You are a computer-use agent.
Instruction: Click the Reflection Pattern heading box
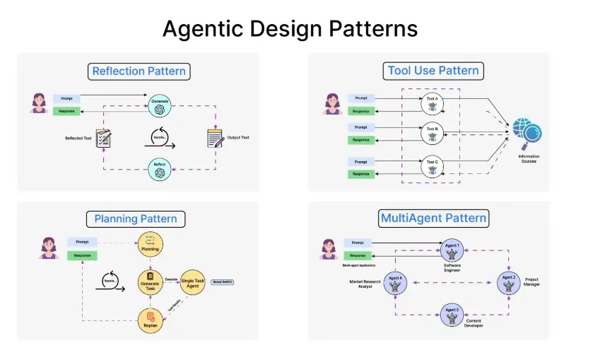pyautogui.click(x=140, y=71)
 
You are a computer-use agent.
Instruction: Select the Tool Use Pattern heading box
pyautogui.click(x=433, y=70)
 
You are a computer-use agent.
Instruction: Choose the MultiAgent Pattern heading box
pyautogui.click(x=433, y=217)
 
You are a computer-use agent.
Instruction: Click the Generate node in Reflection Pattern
pyautogui.click(x=160, y=105)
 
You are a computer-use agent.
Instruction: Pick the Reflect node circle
pyautogui.click(x=160, y=170)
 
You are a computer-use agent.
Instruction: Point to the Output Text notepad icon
pyautogui.click(x=215, y=137)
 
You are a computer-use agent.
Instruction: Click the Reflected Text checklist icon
pyautogui.click(x=105, y=137)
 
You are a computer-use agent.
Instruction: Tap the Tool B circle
pyautogui.click(x=432, y=133)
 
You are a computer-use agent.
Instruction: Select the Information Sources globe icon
pyautogui.click(x=527, y=133)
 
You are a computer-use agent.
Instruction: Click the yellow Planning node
pyautogui.click(x=151, y=245)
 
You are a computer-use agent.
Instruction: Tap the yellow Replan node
pyautogui.click(x=151, y=320)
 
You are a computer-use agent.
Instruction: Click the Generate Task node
pyautogui.click(x=151, y=282)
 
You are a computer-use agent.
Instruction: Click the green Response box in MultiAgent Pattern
pyautogui.click(x=358, y=255)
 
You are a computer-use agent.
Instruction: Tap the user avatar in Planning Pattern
pyautogui.click(x=48, y=248)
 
